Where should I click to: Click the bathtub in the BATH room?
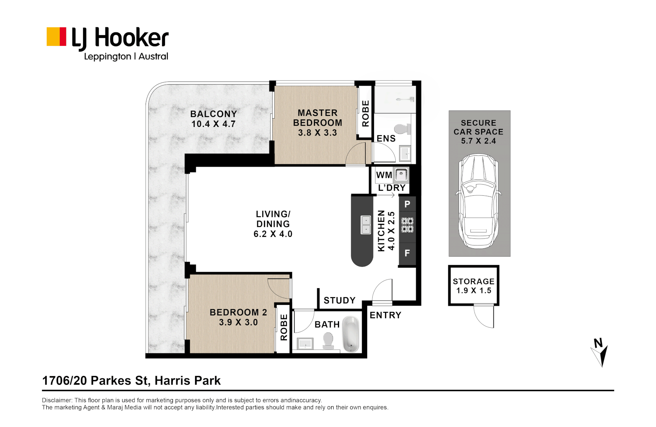pos(351,334)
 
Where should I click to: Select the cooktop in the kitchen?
pos(407,225)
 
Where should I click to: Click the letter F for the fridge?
pos(407,253)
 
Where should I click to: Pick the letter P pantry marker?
pos(407,204)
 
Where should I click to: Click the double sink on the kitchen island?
pos(366,225)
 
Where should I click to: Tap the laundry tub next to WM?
pos(401,174)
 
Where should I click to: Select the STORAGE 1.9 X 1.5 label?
pos(474,286)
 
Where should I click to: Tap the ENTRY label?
pos(385,315)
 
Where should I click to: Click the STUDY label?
pos(339,300)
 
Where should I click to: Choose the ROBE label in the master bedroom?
pos(366,113)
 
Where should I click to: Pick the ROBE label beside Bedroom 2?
pos(284,327)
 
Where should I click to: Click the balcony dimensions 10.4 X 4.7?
pos(213,124)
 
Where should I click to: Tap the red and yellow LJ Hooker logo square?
pos(56,37)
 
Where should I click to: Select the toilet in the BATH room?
pos(328,340)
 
